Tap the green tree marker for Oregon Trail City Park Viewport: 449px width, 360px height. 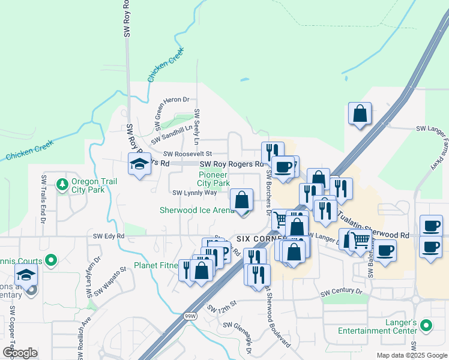(61, 185)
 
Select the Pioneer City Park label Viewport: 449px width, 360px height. (214, 179)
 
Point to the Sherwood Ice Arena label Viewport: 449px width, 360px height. (196, 210)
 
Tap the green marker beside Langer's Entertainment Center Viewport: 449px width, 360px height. (426, 326)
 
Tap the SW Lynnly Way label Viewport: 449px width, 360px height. (194, 193)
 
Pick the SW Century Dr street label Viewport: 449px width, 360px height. (342, 292)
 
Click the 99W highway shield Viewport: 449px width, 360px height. (190, 316)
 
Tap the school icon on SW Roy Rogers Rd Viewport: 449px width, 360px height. (139, 164)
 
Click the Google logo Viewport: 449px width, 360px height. (20, 352)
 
